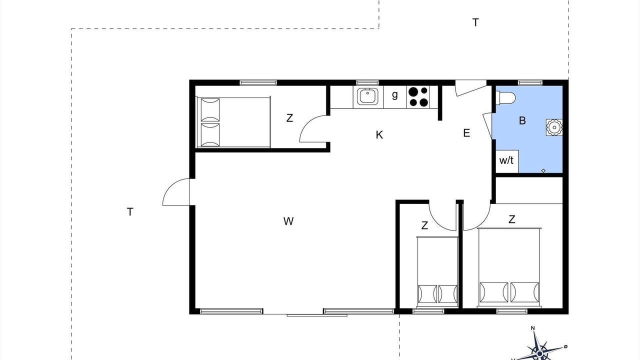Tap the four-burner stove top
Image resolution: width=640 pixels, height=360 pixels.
click(x=418, y=96)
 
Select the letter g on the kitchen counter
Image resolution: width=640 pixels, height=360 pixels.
click(x=395, y=94)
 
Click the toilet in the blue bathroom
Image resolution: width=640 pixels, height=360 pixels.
click(x=505, y=97)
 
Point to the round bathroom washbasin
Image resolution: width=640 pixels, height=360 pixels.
click(x=554, y=127)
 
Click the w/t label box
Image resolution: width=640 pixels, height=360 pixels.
click(x=507, y=161)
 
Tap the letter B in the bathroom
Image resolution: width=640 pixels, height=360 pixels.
click(x=522, y=120)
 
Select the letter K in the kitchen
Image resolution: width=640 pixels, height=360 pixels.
click(x=379, y=134)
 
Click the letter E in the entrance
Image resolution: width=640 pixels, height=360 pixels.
click(x=466, y=133)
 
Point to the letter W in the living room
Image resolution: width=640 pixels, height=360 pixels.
click(x=288, y=221)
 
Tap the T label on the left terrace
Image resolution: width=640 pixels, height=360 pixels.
click(x=130, y=212)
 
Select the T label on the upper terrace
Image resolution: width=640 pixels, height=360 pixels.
click(x=475, y=22)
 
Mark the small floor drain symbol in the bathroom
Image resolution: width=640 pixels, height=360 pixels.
click(x=543, y=170)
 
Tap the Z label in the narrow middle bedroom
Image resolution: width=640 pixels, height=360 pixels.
click(x=424, y=225)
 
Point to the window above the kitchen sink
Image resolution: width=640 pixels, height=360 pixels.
click(x=367, y=82)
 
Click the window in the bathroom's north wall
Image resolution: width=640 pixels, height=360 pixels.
click(x=530, y=82)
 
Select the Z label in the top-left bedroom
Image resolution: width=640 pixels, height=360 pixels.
click(x=289, y=117)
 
